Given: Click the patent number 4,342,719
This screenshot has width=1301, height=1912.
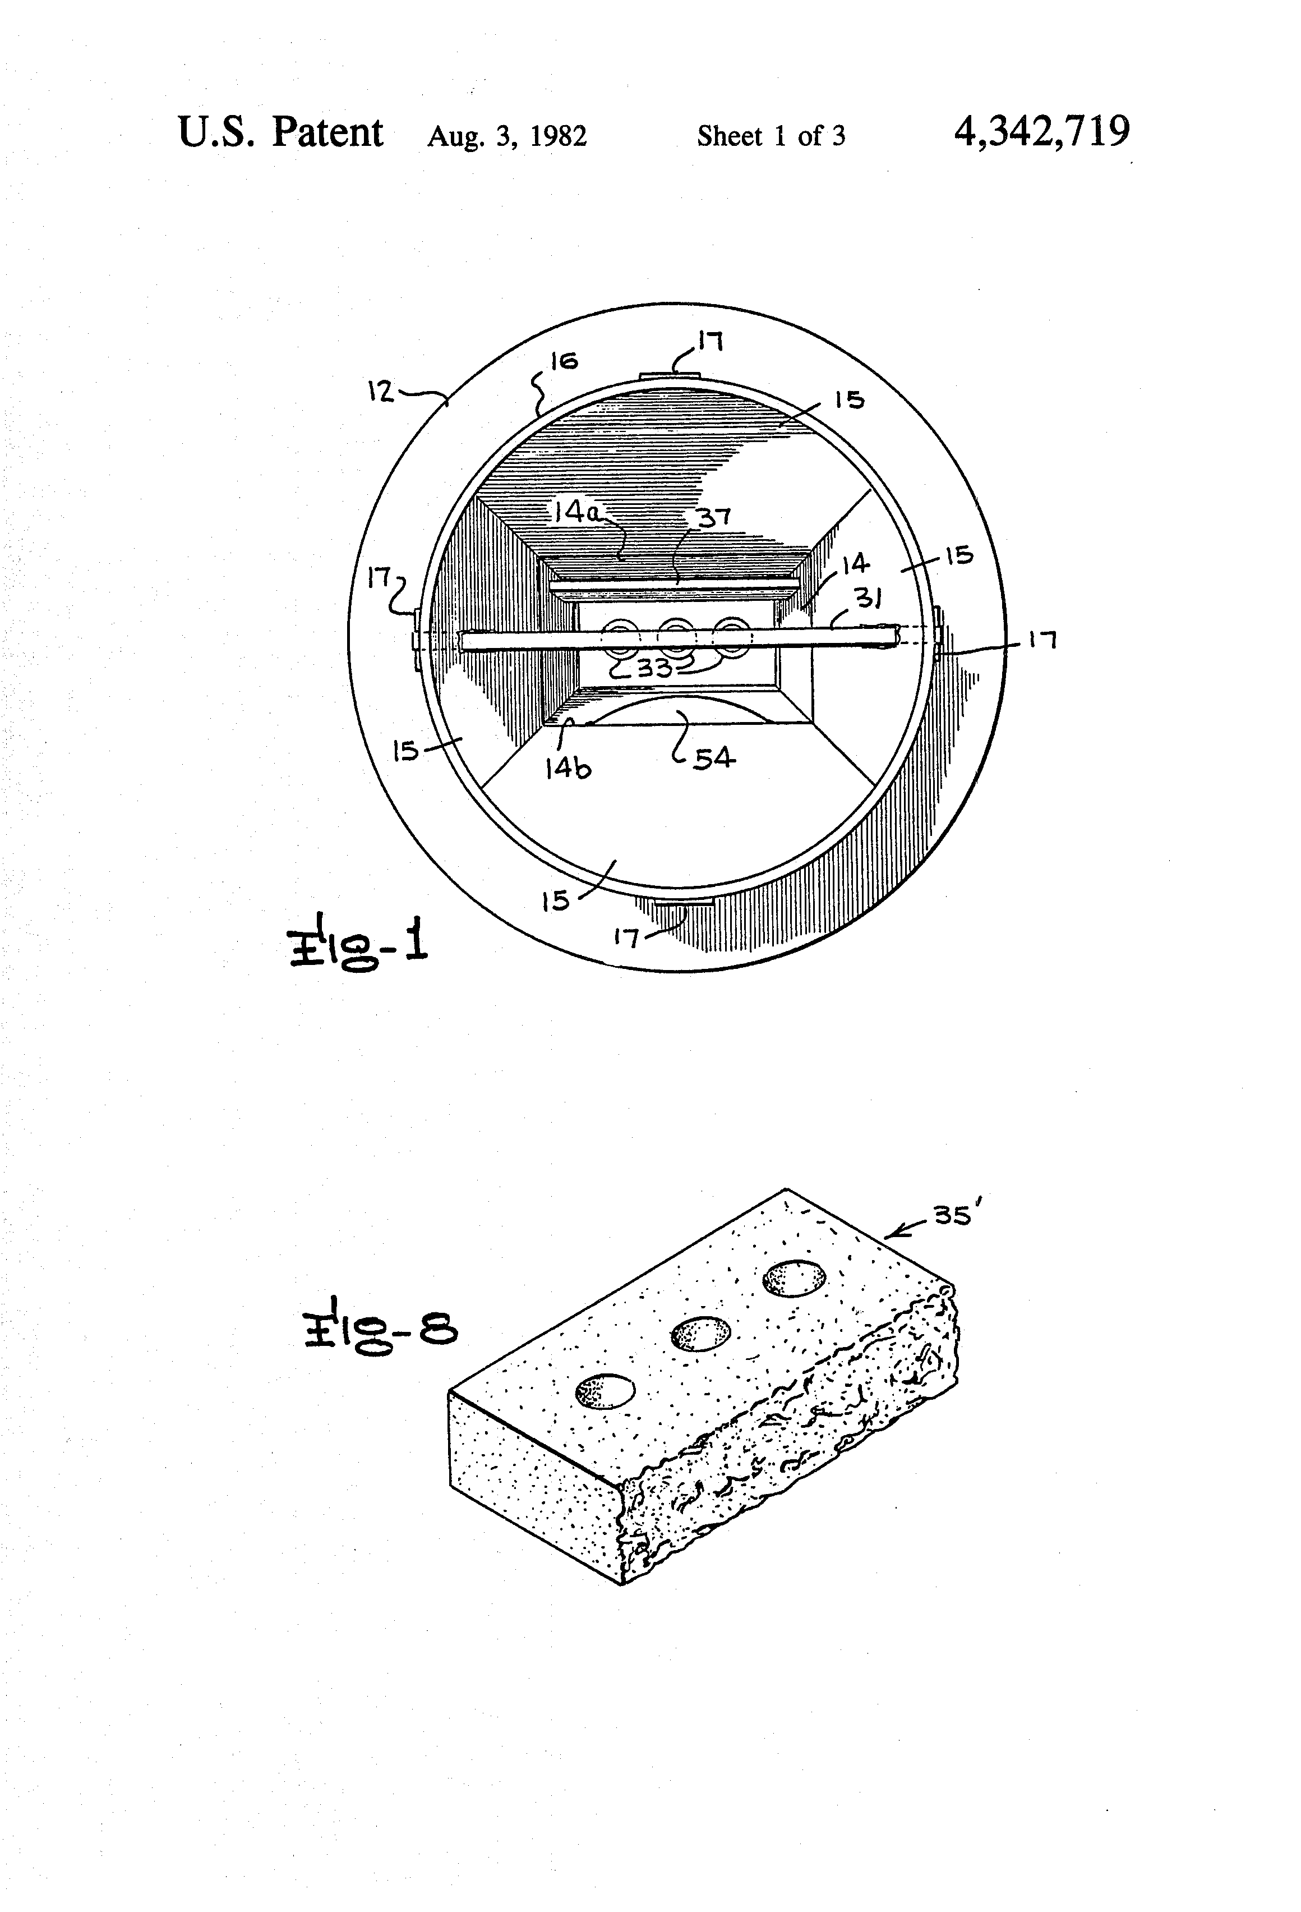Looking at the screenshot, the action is (x=1041, y=132).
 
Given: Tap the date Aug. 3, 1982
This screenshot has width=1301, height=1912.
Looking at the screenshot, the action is (x=506, y=136).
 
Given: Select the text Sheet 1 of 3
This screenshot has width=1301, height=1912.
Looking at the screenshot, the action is (x=771, y=136).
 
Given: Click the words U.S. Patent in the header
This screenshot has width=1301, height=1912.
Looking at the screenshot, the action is (x=280, y=132).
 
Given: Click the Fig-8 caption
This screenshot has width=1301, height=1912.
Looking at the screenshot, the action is (x=380, y=1331).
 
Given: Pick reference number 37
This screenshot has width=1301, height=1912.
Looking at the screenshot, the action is (x=714, y=517).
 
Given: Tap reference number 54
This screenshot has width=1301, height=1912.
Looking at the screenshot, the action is (x=713, y=758).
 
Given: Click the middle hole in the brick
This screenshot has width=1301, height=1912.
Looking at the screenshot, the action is (x=700, y=1333).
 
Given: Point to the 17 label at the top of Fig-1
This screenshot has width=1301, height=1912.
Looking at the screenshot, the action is (x=710, y=340).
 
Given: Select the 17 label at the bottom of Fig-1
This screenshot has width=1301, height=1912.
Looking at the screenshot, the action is (x=626, y=937).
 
